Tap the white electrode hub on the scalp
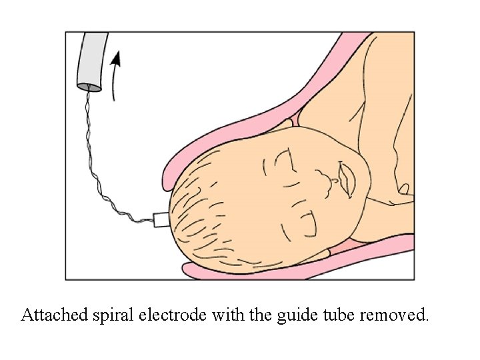(161, 219)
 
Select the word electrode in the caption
(175, 314)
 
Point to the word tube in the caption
(331, 314)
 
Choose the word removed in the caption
(394, 314)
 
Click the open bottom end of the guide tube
(89, 87)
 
